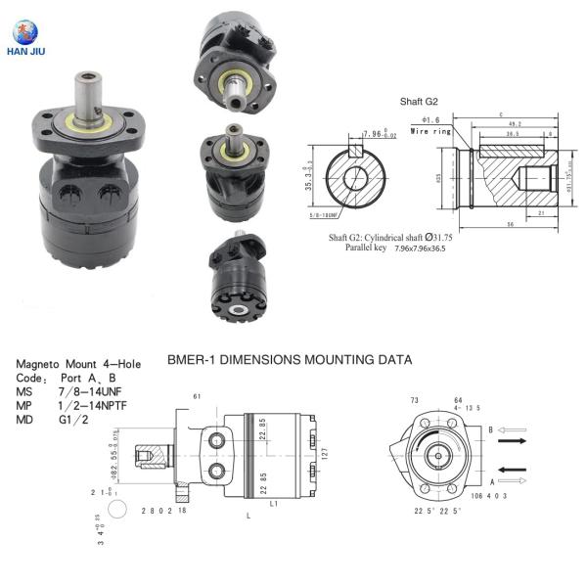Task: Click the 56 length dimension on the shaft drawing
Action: coord(510,223)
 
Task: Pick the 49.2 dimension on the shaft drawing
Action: coord(516,124)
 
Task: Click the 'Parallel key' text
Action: coord(367,248)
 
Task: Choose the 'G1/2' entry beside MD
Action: coord(73,419)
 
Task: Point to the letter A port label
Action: coord(490,481)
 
